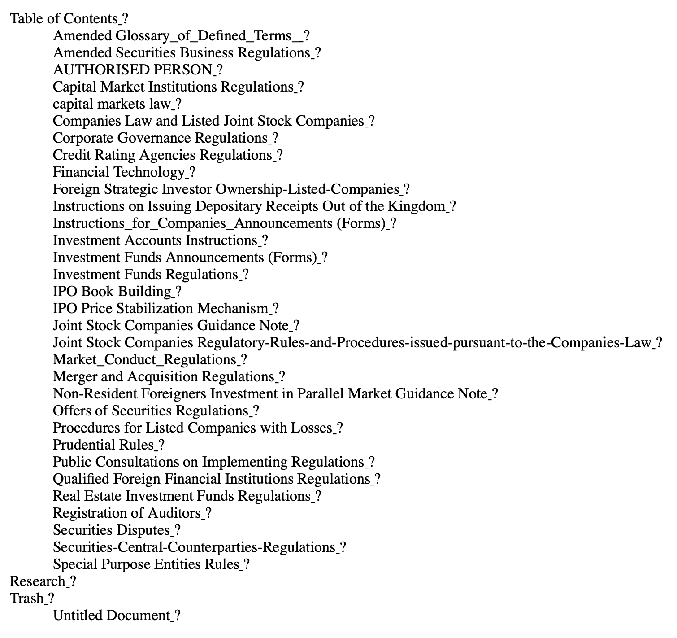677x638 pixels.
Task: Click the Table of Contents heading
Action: (x=64, y=19)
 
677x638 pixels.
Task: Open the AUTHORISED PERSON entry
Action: (x=132, y=70)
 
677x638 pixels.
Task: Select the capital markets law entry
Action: (x=112, y=104)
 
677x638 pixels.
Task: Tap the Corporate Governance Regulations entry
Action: (x=160, y=138)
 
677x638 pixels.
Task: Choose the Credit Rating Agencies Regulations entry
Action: (x=162, y=155)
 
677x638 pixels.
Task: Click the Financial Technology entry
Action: (x=119, y=172)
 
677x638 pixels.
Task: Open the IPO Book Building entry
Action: (x=112, y=292)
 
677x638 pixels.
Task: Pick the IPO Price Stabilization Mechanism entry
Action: (x=161, y=309)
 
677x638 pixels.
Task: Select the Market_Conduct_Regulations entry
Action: (x=144, y=360)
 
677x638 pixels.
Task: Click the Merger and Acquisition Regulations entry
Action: (x=164, y=377)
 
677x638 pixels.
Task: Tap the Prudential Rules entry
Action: (x=104, y=445)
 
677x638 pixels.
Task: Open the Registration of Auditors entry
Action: (x=127, y=513)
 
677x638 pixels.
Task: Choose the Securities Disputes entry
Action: (x=112, y=530)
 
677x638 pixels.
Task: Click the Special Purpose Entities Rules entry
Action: (x=146, y=564)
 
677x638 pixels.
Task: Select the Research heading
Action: (x=38, y=581)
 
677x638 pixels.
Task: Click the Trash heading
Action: (x=27, y=599)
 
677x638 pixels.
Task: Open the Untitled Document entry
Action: (x=112, y=616)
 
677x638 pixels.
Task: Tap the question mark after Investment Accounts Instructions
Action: (x=265, y=240)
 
